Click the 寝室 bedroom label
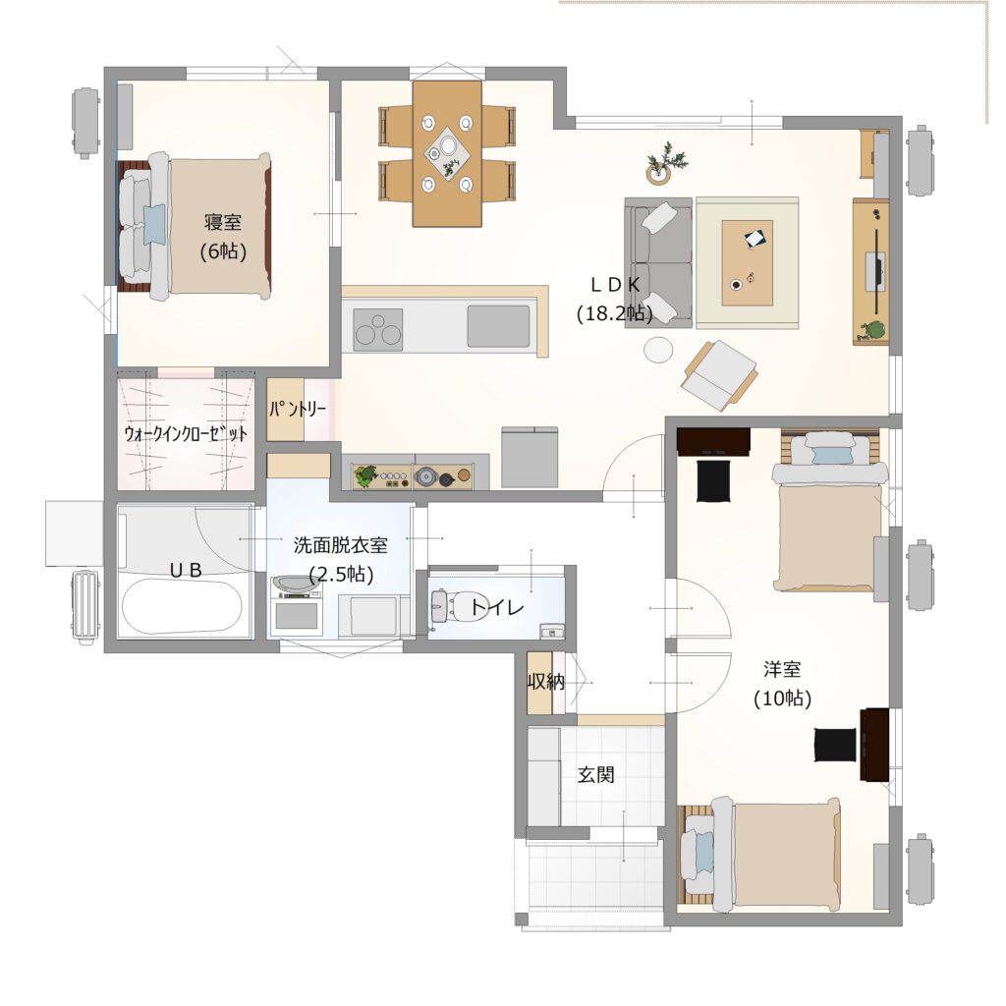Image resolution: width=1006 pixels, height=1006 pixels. coord(223,222)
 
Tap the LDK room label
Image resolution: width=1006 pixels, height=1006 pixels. coord(615,285)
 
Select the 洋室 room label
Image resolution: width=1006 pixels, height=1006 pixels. coord(782,669)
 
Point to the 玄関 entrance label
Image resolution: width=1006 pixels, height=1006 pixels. coord(596,774)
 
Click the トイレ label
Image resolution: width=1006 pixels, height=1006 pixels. coord(497,606)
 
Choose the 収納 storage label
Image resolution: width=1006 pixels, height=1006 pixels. coord(546,682)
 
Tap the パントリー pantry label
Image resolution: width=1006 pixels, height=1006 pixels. coord(298,408)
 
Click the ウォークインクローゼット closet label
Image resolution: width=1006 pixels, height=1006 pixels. coord(186,433)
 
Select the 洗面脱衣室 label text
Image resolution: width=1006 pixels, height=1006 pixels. coord(341,544)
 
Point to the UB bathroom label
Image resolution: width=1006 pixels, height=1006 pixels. coord(186,569)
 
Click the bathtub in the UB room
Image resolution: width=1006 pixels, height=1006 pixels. coord(182,606)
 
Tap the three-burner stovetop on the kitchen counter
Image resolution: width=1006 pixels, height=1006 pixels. coord(378,330)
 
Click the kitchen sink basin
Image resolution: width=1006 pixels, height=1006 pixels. coord(498,326)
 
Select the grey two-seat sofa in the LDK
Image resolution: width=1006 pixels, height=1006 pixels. coord(658,262)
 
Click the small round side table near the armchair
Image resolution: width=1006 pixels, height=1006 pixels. coord(659,351)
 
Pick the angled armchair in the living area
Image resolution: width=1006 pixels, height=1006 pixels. coord(719,374)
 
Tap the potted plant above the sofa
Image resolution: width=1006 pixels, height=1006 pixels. coord(665,163)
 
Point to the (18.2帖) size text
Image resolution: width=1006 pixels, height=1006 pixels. coord(615,313)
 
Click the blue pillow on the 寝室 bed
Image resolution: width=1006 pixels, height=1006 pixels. coord(154,225)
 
